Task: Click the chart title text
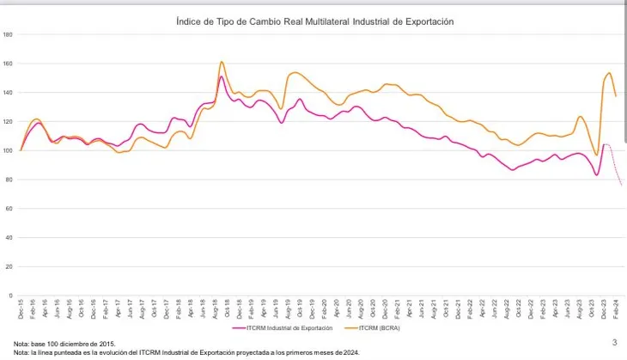tap(313, 21)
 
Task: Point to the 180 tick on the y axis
tap(8, 34)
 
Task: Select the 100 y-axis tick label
tap(8, 150)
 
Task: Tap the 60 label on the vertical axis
tap(9, 209)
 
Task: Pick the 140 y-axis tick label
tap(8, 93)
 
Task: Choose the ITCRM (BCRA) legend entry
tap(374, 327)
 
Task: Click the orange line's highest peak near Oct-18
tap(222, 62)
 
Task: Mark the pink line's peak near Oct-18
tap(222, 77)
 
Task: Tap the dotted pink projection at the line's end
tap(617, 174)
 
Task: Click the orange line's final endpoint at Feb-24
tap(616, 95)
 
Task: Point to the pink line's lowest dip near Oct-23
tap(596, 175)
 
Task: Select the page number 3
tap(614, 343)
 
